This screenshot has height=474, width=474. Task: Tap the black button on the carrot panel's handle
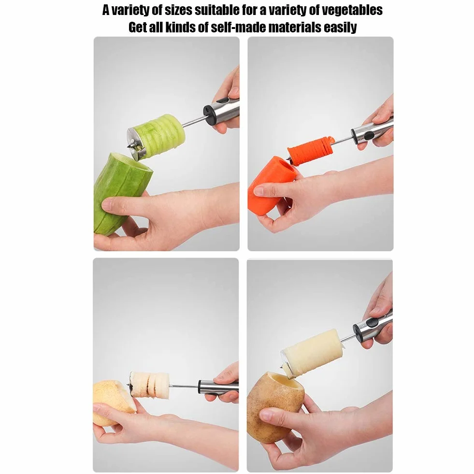pyautogui.click(x=368, y=135)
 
